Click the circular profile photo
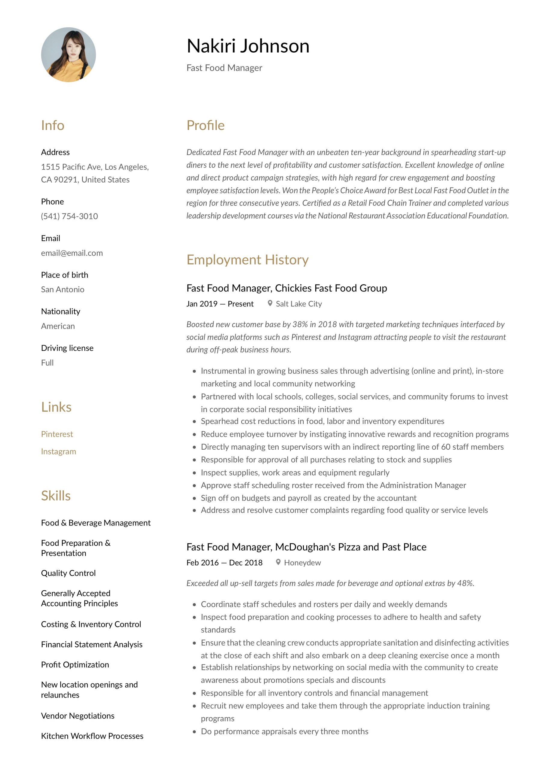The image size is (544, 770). [x=69, y=55]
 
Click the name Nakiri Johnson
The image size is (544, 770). [x=248, y=46]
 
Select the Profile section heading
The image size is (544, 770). [x=205, y=125]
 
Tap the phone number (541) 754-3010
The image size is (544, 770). [x=69, y=216]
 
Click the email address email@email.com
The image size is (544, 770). [x=72, y=253]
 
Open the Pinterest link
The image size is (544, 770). [x=57, y=434]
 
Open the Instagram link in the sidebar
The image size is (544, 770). [x=58, y=451]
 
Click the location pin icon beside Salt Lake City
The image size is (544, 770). [x=270, y=303]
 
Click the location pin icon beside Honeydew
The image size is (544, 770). [x=278, y=562]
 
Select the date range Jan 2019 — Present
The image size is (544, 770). [x=220, y=304]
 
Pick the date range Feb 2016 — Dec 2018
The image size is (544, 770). [x=224, y=562]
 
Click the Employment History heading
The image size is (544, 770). [x=247, y=260]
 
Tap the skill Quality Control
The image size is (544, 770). [x=69, y=573]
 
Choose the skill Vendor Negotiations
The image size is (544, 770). [x=78, y=716]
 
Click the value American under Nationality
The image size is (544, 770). [x=58, y=326]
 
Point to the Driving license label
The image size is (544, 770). [x=67, y=348]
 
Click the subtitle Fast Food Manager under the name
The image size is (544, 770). [x=224, y=68]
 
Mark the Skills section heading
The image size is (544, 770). [x=56, y=496]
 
